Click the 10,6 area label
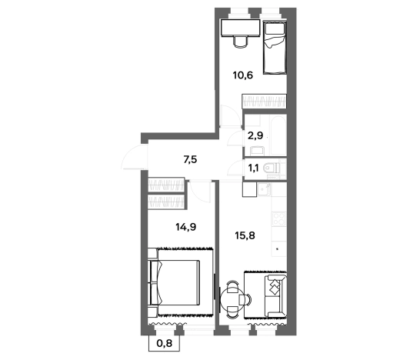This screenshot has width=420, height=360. click(242, 75)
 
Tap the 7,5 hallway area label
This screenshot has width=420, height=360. click(190, 160)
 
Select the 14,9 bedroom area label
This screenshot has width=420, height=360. click(186, 227)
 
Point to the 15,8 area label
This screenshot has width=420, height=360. click(245, 235)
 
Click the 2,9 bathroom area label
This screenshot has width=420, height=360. click(255, 136)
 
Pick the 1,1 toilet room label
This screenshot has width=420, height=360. click(253, 168)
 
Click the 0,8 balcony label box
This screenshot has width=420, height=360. click(164, 343)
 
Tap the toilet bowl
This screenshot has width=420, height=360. click(272, 168)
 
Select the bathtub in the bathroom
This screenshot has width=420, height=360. click(279, 135)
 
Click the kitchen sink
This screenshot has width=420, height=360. click(263, 190)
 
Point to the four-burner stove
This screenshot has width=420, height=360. click(278, 218)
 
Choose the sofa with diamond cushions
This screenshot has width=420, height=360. click(276, 296)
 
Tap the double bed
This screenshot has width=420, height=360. click(175, 282)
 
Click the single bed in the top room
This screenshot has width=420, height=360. click(275, 48)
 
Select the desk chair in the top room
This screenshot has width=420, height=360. click(240, 41)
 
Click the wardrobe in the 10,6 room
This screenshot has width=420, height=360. click(264, 102)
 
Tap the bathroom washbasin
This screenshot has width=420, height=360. click(258, 151)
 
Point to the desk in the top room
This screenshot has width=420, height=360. click(241, 28)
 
